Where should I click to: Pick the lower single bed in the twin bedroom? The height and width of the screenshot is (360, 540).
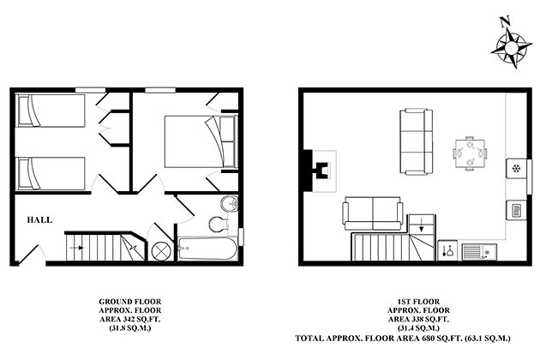pyautogui.click(x=51, y=173)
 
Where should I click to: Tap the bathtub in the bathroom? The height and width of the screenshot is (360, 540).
pyautogui.click(x=206, y=248)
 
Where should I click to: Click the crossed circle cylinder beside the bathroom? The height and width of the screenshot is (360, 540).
pyautogui.click(x=159, y=249)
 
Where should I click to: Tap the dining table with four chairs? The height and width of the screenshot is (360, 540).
pyautogui.click(x=469, y=153)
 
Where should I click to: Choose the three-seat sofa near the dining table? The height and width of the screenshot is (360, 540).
pyautogui.click(x=415, y=139)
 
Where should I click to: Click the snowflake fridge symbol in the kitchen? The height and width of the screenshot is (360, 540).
pyautogui.click(x=517, y=168)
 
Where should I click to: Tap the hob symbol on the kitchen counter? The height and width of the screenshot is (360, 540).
pyautogui.click(x=517, y=209)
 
